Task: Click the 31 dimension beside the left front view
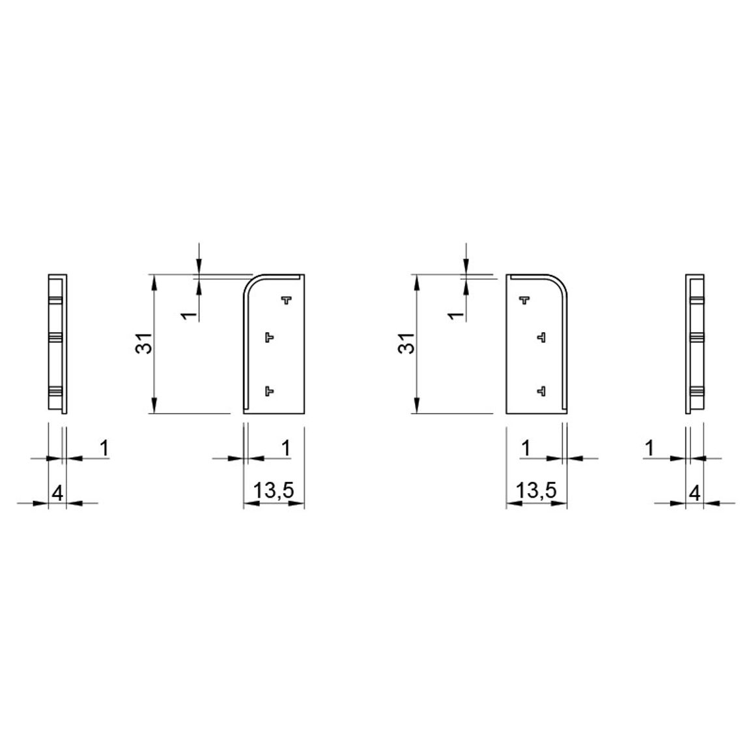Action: coord(144,343)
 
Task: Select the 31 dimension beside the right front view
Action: coord(406,343)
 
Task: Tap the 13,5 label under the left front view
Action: coord(274,490)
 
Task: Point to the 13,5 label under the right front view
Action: coord(537,490)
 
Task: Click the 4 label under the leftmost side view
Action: coord(57,493)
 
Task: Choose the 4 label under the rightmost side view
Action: coord(695,493)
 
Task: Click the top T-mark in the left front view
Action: coord(287,300)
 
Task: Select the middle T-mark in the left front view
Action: coord(270,337)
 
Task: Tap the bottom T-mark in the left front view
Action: coord(270,391)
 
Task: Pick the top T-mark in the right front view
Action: coord(524,300)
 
